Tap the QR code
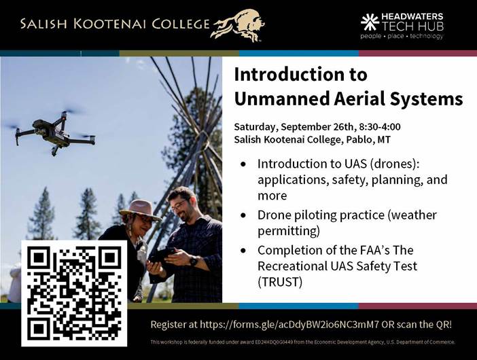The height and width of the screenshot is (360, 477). click(x=74, y=293)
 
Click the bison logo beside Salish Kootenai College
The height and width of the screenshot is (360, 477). click(x=238, y=25)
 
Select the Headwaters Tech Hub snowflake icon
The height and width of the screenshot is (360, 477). click(x=370, y=22)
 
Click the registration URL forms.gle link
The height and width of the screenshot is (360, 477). click(x=289, y=325)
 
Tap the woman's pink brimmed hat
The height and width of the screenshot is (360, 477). click(x=140, y=210)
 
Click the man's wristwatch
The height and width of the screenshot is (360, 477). click(x=194, y=261)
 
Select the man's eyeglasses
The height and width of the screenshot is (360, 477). click(x=179, y=206)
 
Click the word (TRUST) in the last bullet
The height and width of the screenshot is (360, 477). click(x=280, y=282)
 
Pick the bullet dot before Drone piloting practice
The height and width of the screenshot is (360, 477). click(x=243, y=215)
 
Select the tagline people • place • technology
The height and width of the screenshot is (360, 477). click(x=402, y=37)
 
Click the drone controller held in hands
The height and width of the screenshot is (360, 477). click(x=162, y=255)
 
